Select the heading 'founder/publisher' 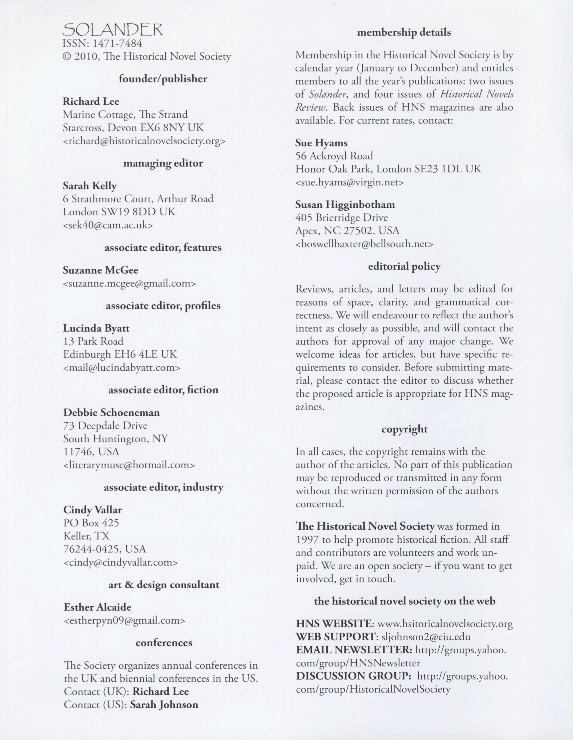(x=163, y=79)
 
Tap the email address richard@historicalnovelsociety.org (x=144, y=141)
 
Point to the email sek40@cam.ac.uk (x=108, y=225)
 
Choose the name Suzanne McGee (x=100, y=270)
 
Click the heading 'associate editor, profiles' (x=163, y=306)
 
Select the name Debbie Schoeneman (x=111, y=412)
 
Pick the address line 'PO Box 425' (x=91, y=523)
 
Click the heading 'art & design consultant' (x=164, y=585)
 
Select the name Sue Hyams (x=317, y=143)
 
